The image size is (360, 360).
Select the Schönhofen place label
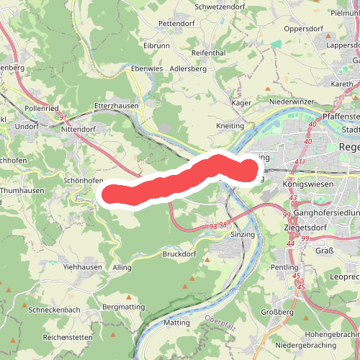[x=84, y=181]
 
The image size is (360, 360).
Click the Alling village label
[x=122, y=268]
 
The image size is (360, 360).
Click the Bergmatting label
[x=124, y=307]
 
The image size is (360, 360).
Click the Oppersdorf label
[x=303, y=30]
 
